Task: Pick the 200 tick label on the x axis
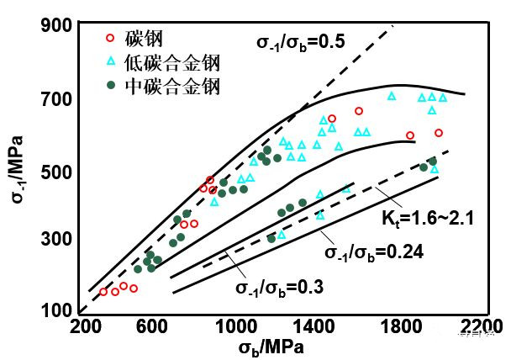click(x=85, y=326)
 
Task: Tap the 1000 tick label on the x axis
click(x=241, y=326)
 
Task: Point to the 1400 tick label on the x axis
click(x=319, y=326)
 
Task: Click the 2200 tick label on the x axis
click(x=476, y=326)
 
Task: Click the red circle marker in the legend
click(x=108, y=38)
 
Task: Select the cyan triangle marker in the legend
click(x=108, y=61)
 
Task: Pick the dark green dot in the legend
click(x=108, y=85)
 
